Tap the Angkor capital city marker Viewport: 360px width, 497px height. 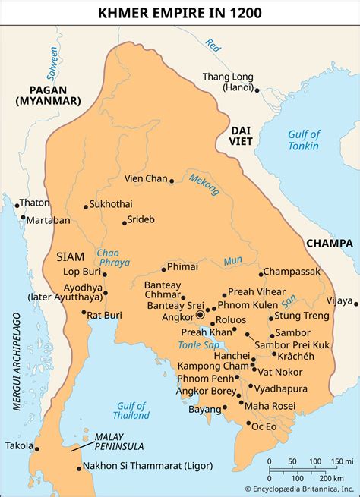[x=201, y=315]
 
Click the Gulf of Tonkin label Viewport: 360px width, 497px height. [x=304, y=140]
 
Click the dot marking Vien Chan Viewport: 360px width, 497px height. [x=172, y=181]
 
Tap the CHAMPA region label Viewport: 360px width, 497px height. [x=329, y=244]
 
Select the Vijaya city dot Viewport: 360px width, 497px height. [x=355, y=301]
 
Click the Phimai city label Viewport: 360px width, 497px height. [x=182, y=266]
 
